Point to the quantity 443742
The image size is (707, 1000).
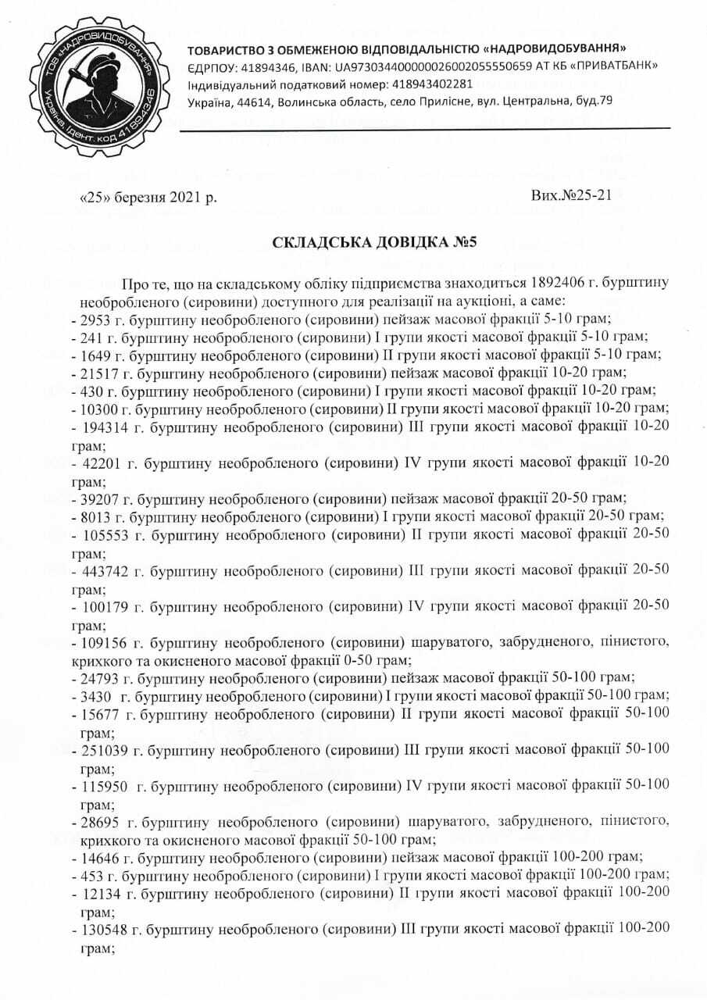103,570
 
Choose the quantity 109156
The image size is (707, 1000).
103,643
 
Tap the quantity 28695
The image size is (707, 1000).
100,823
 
